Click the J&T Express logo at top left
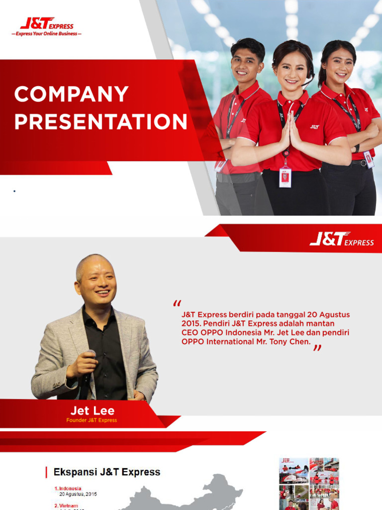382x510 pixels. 46,23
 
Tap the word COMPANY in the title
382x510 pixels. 71,94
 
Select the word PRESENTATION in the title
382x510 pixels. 100,122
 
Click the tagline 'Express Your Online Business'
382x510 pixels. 46,34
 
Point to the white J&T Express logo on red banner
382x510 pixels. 341,239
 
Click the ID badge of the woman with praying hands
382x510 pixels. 285,178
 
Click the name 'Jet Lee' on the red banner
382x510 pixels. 92,411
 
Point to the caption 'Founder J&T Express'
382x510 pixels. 92,420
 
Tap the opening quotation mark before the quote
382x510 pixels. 177,303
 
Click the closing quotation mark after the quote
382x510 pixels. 317,349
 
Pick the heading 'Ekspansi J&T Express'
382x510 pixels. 107,472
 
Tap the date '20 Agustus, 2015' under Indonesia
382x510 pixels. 78,495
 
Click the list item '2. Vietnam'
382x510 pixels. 66,506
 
